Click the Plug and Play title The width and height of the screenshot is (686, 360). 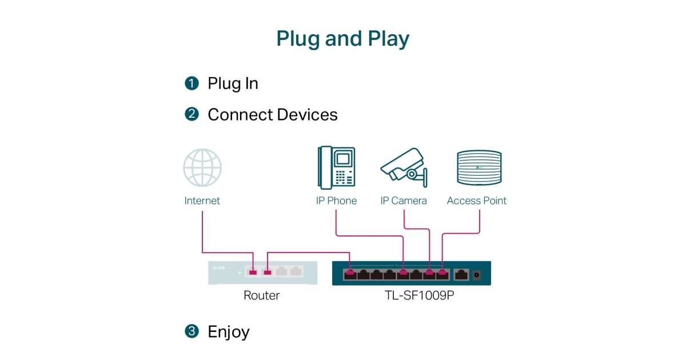coord(342,39)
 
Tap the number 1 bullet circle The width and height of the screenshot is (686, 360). coord(192,83)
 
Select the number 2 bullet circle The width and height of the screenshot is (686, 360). coord(192,114)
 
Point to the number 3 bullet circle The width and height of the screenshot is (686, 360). coord(192,331)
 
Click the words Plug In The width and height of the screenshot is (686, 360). coord(233,83)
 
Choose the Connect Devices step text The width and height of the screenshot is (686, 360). coord(272,114)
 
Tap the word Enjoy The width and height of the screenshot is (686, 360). coord(229,331)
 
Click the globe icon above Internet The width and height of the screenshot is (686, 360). coord(202,167)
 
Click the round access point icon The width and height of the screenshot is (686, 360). coord(479,167)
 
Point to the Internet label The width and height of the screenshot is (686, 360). coord(202,201)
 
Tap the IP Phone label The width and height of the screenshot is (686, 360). coord(336,201)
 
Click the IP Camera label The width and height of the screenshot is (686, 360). coord(404,201)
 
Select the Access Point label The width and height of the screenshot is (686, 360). coord(477,201)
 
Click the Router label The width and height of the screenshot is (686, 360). coord(262,295)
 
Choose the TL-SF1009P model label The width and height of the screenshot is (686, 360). coord(411,295)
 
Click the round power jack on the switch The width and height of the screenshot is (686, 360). coord(476,275)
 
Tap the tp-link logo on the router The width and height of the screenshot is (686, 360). coord(218,267)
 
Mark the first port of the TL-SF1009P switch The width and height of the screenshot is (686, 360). coord(350,274)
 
